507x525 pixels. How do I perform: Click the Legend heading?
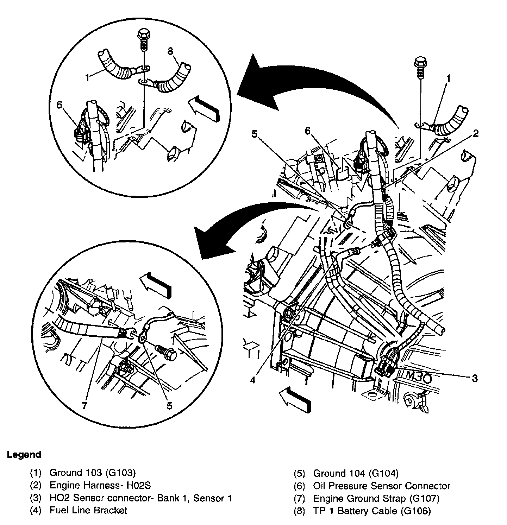24,455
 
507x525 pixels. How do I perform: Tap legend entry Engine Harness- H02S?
100,486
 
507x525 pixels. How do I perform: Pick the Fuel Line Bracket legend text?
88,510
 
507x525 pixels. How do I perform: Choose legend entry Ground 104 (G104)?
356,473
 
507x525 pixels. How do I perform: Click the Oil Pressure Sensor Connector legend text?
382,486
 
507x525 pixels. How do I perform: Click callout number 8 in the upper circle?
171,51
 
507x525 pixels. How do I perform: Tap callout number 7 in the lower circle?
84,406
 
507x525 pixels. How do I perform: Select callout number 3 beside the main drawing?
475,379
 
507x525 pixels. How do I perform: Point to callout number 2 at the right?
476,133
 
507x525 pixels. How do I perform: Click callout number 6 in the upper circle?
59,105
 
